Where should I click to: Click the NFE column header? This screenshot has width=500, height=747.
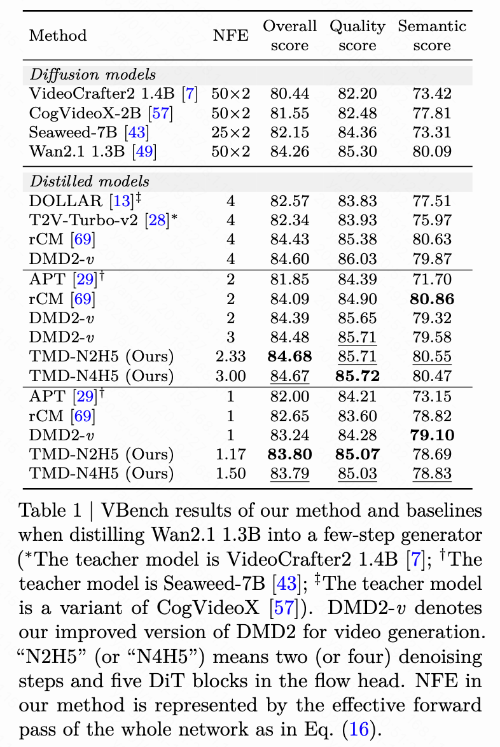tap(230, 35)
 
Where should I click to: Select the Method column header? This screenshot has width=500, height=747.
tap(58, 35)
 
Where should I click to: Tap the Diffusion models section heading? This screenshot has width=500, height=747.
tap(93, 75)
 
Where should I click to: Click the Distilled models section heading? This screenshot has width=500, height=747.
tap(90, 182)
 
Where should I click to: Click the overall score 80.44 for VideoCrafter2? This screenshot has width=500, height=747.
tap(289, 94)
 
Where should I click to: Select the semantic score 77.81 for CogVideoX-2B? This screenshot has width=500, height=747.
tap(431, 113)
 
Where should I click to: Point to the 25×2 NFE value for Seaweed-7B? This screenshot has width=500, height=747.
tap(231, 132)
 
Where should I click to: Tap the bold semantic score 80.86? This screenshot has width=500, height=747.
tap(431, 298)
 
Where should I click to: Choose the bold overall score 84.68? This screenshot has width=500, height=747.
tap(289, 356)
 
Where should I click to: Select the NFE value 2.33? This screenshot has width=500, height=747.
tap(231, 356)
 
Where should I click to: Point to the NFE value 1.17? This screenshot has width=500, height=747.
tap(231, 454)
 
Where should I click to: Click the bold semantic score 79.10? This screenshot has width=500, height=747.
tap(431, 435)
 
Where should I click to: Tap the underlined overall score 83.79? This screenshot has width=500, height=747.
tap(289, 473)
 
